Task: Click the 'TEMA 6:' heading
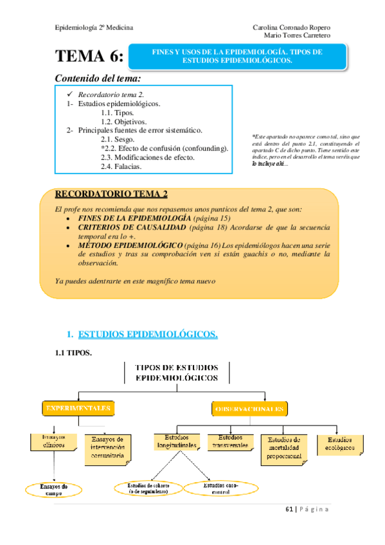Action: click(x=89, y=58)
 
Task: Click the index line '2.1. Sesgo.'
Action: click(x=118, y=139)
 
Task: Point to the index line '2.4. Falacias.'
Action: click(x=121, y=166)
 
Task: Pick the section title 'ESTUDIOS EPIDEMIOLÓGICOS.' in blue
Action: click(x=147, y=334)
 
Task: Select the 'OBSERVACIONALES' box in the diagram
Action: click(x=249, y=409)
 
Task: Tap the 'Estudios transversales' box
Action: click(x=230, y=442)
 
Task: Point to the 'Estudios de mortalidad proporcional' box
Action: click(x=283, y=448)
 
